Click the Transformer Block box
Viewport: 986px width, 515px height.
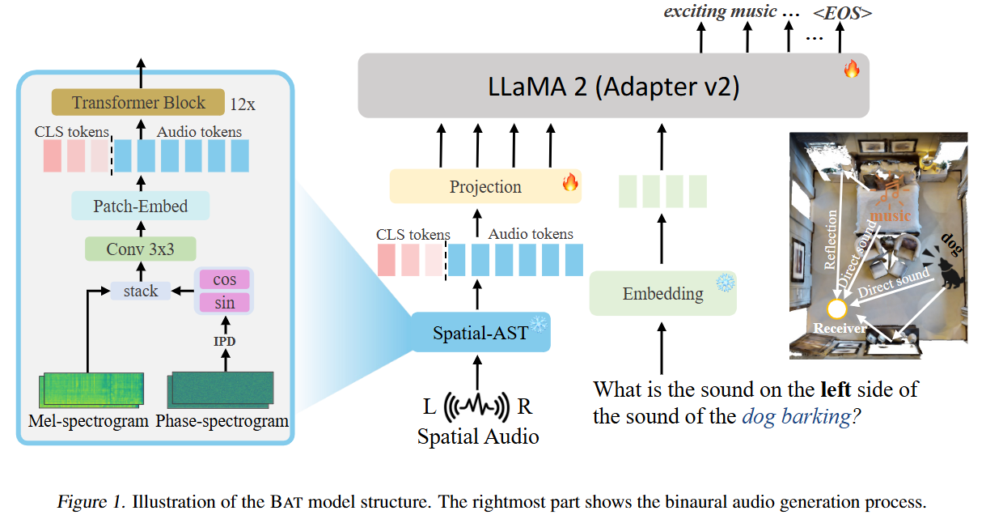coord(138,103)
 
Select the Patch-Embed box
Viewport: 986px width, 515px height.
coord(140,206)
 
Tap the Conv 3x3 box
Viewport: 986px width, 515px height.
coord(140,249)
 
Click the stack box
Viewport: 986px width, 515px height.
coord(141,291)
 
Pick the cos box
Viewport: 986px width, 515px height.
coord(225,279)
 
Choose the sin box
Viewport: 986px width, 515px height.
coord(225,303)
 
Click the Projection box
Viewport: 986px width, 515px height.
coord(485,186)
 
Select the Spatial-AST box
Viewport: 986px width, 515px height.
coord(480,332)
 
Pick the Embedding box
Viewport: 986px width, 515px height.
coord(662,294)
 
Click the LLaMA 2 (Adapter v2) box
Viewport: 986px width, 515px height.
coord(612,86)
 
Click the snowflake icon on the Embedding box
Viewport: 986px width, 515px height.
coord(725,283)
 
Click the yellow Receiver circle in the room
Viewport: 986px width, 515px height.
coord(836,309)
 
